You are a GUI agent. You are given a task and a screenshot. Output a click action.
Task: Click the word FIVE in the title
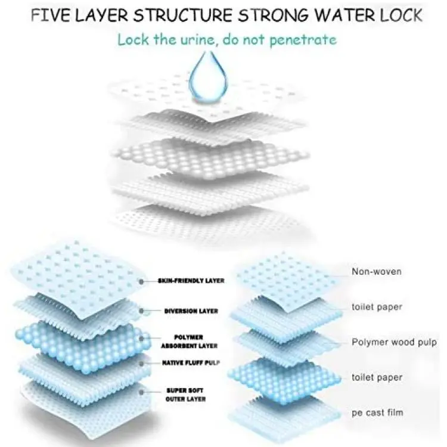[x=50, y=15]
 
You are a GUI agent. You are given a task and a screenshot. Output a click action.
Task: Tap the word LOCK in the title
[x=401, y=15]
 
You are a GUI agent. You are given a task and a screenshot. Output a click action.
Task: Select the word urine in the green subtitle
[x=197, y=39]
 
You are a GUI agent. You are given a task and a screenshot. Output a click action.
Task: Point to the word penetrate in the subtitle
[x=303, y=40]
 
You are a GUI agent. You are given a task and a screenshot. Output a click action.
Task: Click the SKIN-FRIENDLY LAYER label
[x=191, y=281]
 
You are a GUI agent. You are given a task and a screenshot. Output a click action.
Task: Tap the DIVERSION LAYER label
[x=191, y=311]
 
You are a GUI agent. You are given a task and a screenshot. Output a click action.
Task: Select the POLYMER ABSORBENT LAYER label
[x=190, y=342]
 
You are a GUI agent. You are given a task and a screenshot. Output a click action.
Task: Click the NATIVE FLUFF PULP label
[x=191, y=363]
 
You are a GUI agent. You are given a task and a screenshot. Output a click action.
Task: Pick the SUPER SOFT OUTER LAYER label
[x=185, y=395]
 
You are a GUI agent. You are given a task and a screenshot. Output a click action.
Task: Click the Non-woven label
[x=377, y=272]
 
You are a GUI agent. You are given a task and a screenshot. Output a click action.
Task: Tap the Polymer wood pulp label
[x=394, y=342]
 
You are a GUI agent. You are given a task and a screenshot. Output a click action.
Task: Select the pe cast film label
[x=377, y=413]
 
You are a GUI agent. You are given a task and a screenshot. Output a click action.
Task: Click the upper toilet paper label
[x=377, y=308]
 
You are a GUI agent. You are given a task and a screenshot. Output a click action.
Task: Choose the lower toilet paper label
[x=377, y=378]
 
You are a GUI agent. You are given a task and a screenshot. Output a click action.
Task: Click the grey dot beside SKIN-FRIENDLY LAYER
[x=141, y=282]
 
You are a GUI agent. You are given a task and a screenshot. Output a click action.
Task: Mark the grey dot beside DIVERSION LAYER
[x=141, y=311]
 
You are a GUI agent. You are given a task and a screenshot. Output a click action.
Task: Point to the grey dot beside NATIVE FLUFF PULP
[x=141, y=364]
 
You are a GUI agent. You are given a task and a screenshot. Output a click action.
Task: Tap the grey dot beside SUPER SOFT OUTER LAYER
[x=141, y=392]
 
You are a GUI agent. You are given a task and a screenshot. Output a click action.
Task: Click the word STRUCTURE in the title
[x=183, y=15]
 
